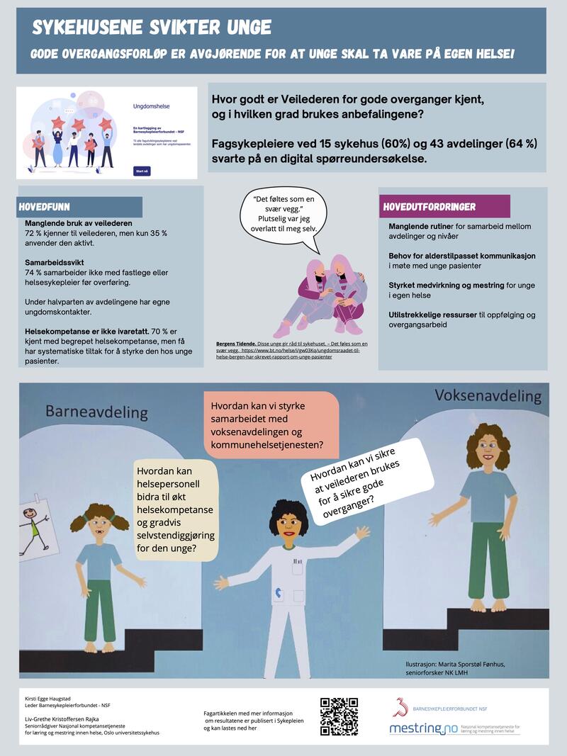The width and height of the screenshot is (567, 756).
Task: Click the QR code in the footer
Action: point(339,716)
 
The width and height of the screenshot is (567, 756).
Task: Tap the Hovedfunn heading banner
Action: point(80,207)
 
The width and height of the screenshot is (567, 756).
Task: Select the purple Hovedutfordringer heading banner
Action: point(444,206)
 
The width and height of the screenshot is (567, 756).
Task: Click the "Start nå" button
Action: point(142,171)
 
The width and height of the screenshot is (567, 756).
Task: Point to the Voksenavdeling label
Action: point(488,395)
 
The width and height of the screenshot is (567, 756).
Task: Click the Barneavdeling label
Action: point(96,411)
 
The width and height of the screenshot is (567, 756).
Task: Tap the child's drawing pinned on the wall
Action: point(32,528)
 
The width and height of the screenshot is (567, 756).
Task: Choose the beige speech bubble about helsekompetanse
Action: point(174,509)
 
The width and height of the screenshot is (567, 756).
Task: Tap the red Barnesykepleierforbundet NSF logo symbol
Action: point(401,706)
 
